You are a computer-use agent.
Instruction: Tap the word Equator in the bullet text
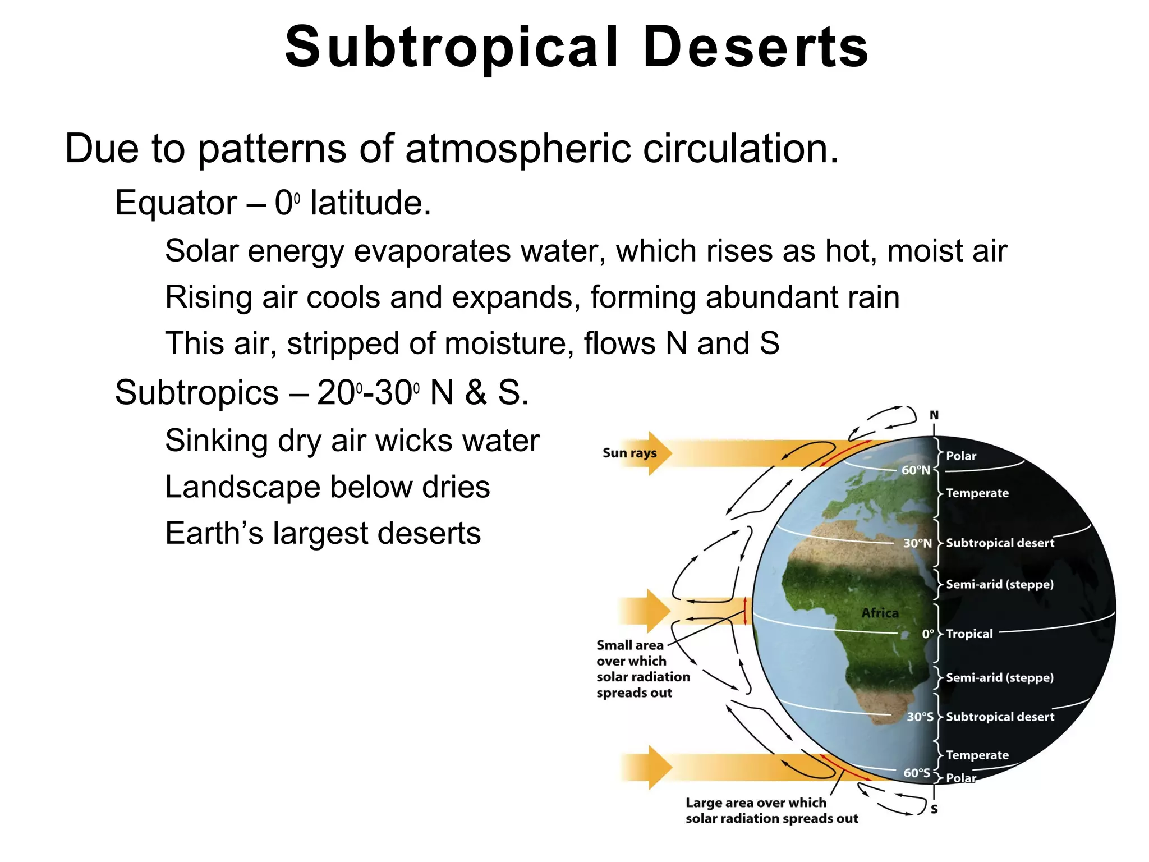176,203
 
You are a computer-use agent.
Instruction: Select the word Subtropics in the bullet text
196,392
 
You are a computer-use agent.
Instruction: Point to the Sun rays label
629,453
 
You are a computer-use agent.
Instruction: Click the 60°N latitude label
915,470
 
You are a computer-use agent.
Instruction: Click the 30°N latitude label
917,543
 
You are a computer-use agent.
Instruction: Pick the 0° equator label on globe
928,634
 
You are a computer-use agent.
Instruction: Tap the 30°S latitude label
920,717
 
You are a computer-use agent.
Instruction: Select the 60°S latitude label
916,773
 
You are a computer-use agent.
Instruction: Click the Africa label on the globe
880,613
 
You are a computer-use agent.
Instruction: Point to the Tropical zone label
969,634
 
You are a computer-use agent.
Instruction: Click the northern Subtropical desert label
1000,543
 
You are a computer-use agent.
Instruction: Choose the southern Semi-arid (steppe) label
999,677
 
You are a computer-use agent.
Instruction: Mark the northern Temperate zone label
977,493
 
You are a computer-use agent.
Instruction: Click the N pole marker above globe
934,415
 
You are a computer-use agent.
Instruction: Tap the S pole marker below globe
934,809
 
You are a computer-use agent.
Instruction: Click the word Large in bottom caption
705,803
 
